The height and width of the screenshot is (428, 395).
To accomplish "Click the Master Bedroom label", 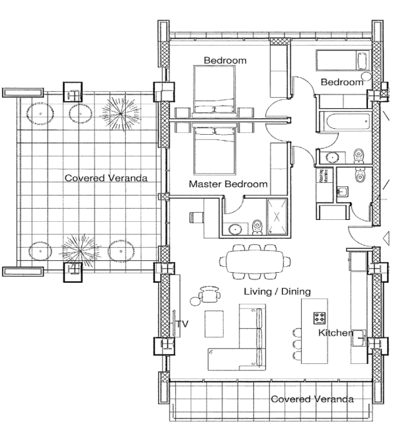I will coord(228,184).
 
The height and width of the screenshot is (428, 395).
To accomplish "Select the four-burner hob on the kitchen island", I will coord(320,317).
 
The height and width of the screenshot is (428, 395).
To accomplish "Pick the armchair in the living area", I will coord(210,291).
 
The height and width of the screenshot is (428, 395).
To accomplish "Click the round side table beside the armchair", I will coord(195,301).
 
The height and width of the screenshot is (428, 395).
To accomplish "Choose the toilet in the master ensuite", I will coord(257,227).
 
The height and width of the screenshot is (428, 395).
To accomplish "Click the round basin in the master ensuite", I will coord(235,229).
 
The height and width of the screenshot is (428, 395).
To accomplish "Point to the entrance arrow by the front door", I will coord(388,238).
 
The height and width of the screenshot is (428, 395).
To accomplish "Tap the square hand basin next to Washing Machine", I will coord(343,192).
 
